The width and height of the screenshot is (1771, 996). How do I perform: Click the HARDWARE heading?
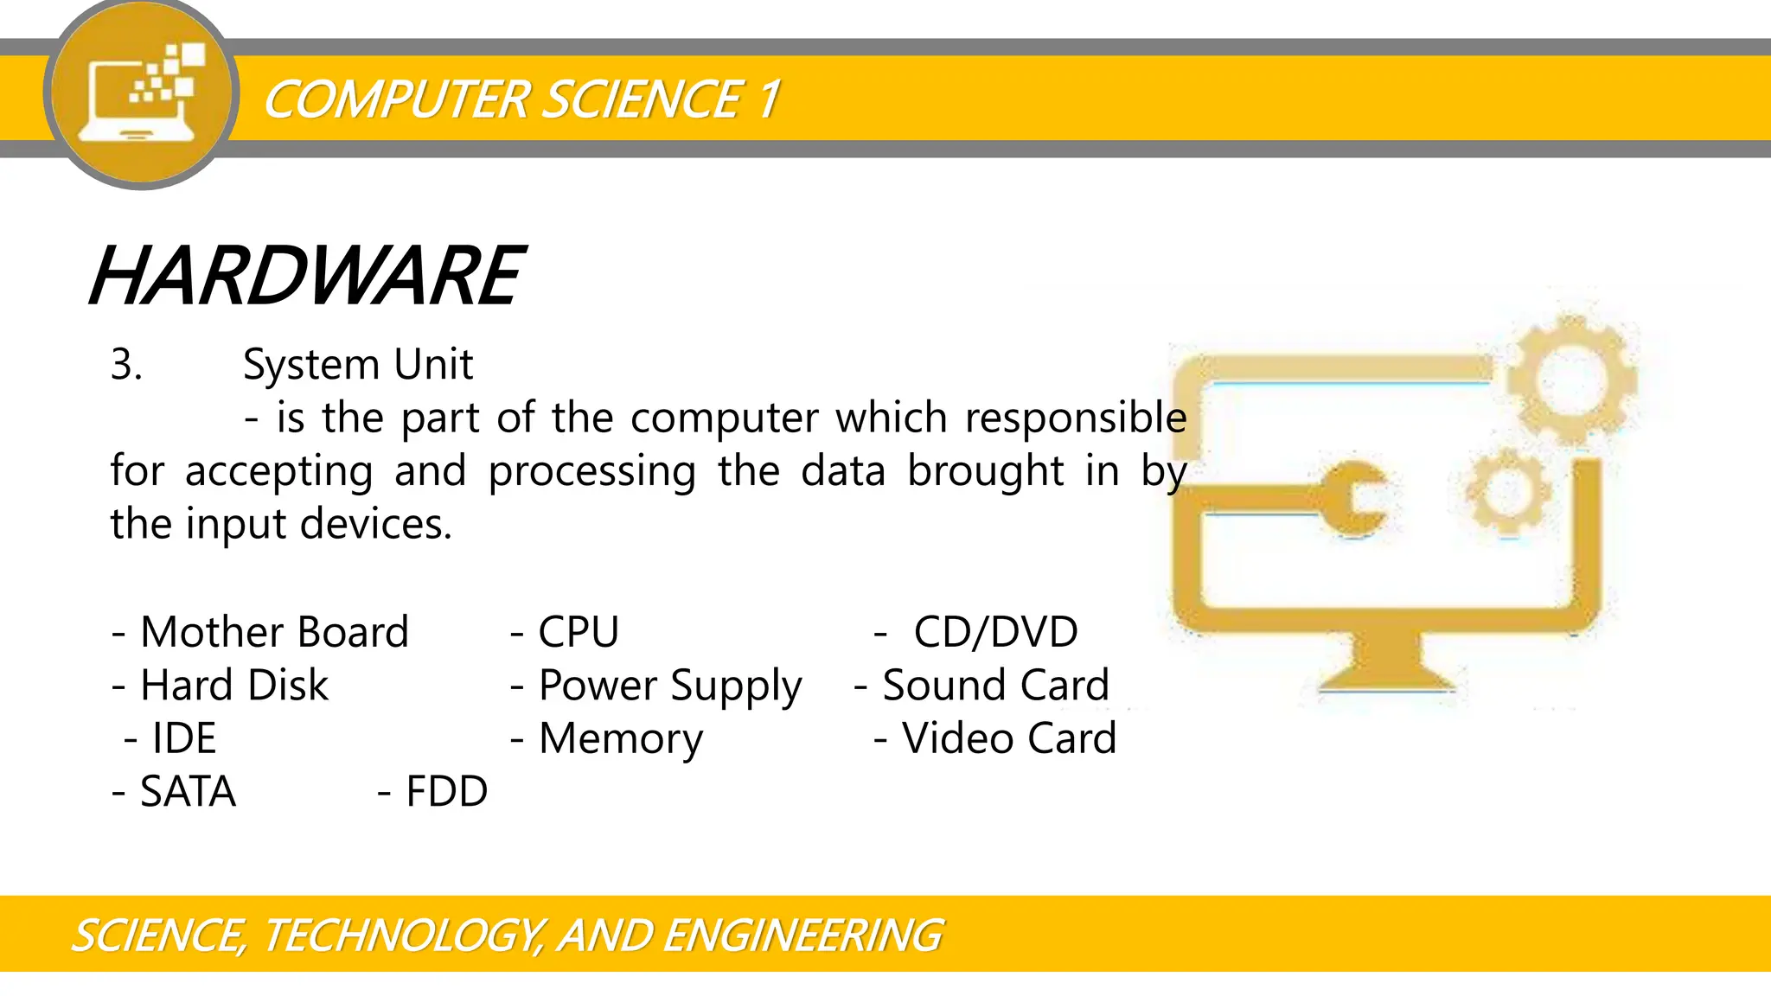(306, 277)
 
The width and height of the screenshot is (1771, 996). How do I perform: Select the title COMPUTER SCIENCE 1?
(521, 99)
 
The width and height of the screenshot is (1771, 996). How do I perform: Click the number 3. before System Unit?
(126, 365)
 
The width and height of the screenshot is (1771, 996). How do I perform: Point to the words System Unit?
(357, 365)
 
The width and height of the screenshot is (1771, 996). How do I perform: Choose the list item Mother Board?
(273, 632)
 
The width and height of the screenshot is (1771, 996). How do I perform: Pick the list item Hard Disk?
(233, 686)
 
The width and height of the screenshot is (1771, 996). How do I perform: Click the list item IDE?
(183, 738)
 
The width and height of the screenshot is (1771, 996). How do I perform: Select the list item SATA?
(187, 792)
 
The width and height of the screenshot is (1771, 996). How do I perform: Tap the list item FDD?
(445, 792)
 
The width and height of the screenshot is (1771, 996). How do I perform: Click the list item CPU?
(578, 632)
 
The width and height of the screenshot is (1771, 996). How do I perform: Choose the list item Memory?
(620, 739)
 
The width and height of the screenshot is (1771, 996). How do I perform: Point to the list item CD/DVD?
(995, 632)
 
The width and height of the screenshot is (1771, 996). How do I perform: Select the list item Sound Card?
(994, 686)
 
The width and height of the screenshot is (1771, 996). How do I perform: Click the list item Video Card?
(1008, 738)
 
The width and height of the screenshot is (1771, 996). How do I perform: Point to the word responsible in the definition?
(1075, 418)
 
